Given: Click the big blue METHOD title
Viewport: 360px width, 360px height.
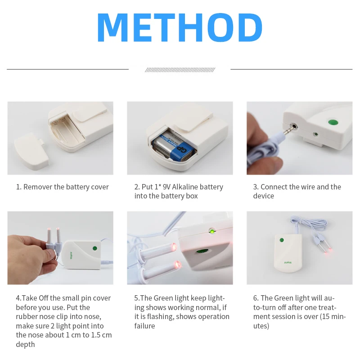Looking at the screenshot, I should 180,27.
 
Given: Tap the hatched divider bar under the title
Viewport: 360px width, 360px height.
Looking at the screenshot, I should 180,70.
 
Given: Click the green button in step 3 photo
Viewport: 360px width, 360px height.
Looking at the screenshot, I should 333,122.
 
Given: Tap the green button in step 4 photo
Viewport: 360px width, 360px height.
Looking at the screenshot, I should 95,247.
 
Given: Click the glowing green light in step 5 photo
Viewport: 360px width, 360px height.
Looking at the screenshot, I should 211,231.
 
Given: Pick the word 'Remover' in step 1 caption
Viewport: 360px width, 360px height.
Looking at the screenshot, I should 38,187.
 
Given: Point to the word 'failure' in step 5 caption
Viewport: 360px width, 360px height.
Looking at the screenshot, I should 144,326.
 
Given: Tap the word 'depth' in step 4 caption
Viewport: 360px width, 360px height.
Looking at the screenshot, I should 25,344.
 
